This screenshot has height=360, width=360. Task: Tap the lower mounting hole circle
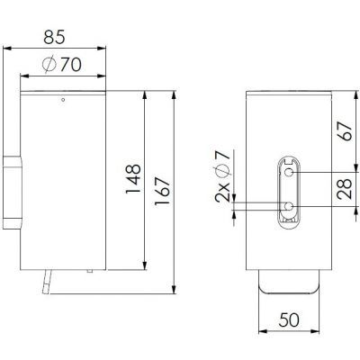[289, 206]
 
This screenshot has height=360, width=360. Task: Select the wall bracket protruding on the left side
[10, 192]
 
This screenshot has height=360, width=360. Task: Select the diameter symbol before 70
[49, 65]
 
